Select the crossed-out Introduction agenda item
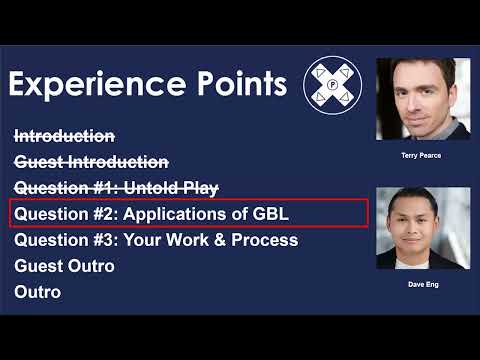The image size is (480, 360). click(x=64, y=136)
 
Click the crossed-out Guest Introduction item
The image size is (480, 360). click(x=91, y=161)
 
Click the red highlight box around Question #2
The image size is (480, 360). click(x=188, y=213)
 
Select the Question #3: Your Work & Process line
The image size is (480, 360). click(x=156, y=240)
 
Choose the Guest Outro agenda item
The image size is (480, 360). click(x=64, y=266)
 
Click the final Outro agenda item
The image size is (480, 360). click(x=38, y=292)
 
